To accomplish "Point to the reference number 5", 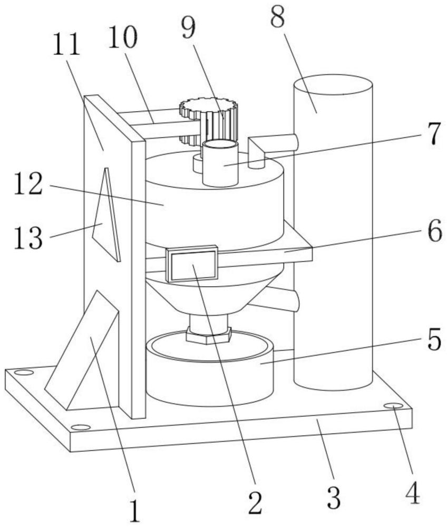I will pos(433,341).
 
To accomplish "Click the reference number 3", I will pos(333,497).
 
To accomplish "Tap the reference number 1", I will pos(135,510).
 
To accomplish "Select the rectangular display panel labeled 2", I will pos(192,265).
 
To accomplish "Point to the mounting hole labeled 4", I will pos(393,405).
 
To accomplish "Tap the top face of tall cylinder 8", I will pos(333,84).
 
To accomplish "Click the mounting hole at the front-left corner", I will pos(80,427).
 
